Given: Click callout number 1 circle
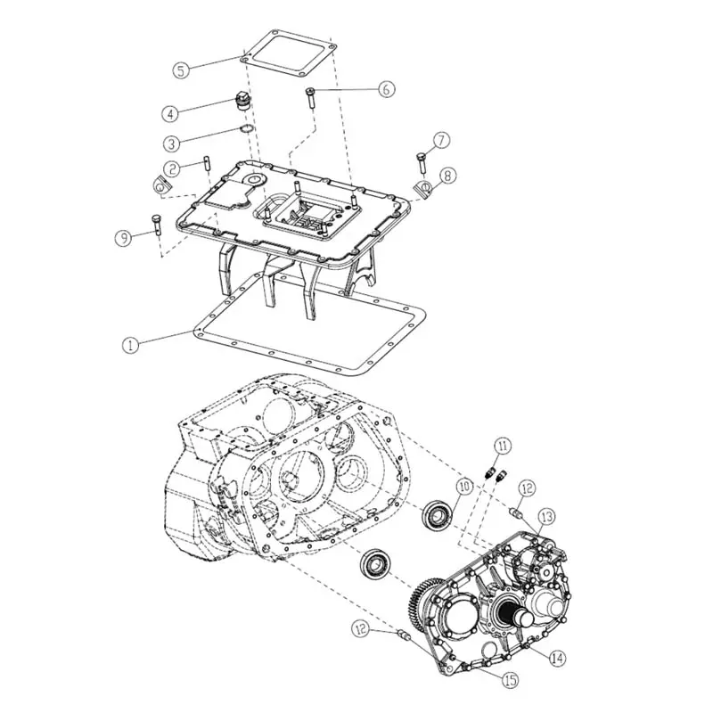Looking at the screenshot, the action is (130, 345).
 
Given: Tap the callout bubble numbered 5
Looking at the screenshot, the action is (181, 70).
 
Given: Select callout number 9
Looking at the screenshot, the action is (124, 238).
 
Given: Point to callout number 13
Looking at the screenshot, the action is (547, 517).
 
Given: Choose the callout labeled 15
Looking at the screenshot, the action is (510, 680).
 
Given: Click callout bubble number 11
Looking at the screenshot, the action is (503, 447).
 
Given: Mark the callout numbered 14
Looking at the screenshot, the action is (558, 658).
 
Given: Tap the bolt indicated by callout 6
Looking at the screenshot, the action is (310, 98).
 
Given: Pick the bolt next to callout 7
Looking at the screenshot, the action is (421, 162).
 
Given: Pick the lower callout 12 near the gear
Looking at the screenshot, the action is (361, 629).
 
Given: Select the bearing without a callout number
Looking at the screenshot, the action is (375, 566).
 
